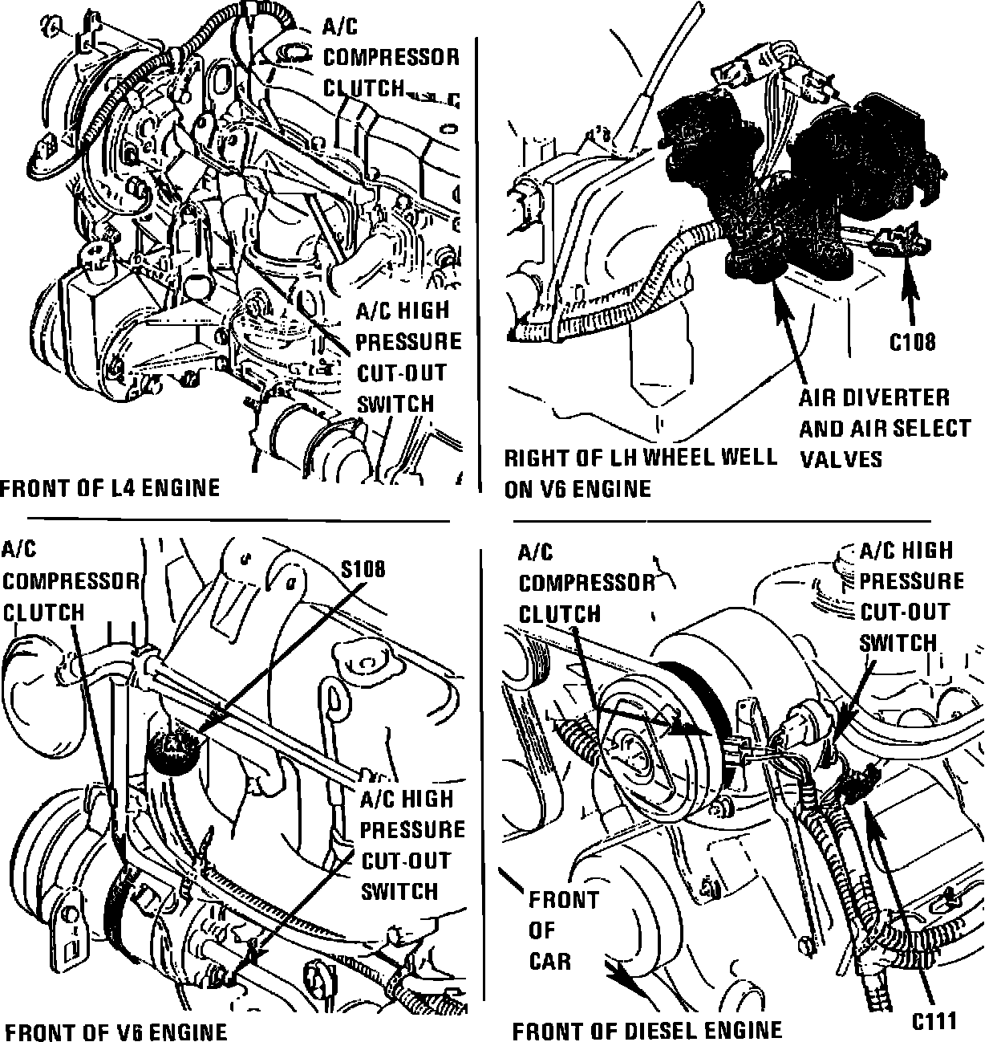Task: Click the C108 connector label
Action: click(x=913, y=342)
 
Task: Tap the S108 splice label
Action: click(x=363, y=569)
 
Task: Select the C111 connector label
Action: click(x=934, y=1020)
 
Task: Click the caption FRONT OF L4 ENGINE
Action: click(x=110, y=487)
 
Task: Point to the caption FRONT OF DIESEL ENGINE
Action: click(x=646, y=1030)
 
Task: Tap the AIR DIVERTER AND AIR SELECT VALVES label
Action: click(x=884, y=428)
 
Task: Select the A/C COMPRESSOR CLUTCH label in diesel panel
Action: click(x=586, y=583)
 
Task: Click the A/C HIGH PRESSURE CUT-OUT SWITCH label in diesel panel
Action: click(x=911, y=596)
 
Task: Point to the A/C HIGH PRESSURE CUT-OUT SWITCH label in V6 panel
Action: click(x=411, y=845)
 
